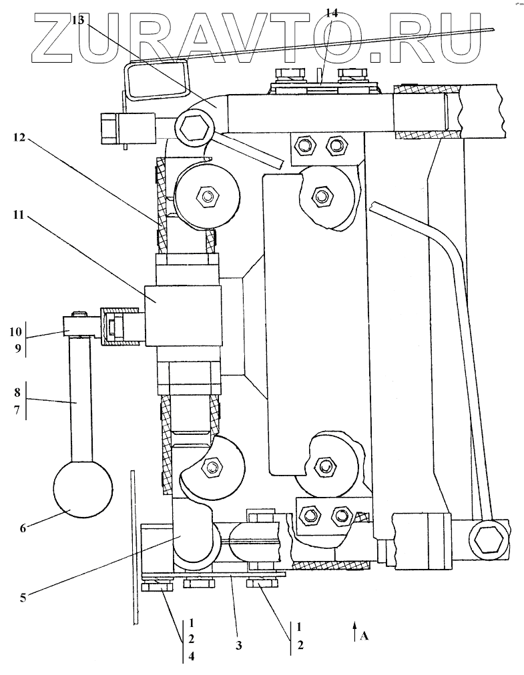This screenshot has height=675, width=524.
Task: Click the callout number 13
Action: pyautogui.click(x=78, y=20)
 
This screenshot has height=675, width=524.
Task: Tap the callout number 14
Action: pyautogui.click(x=331, y=13)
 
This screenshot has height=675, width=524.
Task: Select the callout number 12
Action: pyautogui.click(x=19, y=137)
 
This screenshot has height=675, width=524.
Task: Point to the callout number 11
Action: pyautogui.click(x=18, y=214)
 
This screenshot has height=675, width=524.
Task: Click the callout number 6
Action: pyautogui.click(x=23, y=528)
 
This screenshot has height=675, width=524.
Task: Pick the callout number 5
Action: pyautogui.click(x=23, y=598)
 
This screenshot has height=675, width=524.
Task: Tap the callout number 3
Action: pyautogui.click(x=238, y=645)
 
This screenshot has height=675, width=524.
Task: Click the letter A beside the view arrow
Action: pyautogui.click(x=364, y=636)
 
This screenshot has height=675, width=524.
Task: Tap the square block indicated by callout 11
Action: pyautogui.click(x=184, y=316)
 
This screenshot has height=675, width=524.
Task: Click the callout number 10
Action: pyautogui.click(x=15, y=332)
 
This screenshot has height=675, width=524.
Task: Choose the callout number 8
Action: pyautogui.click(x=17, y=393)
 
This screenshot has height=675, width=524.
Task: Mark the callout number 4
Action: pyautogui.click(x=191, y=657)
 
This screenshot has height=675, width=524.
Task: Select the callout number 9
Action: pyautogui.click(x=18, y=348)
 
